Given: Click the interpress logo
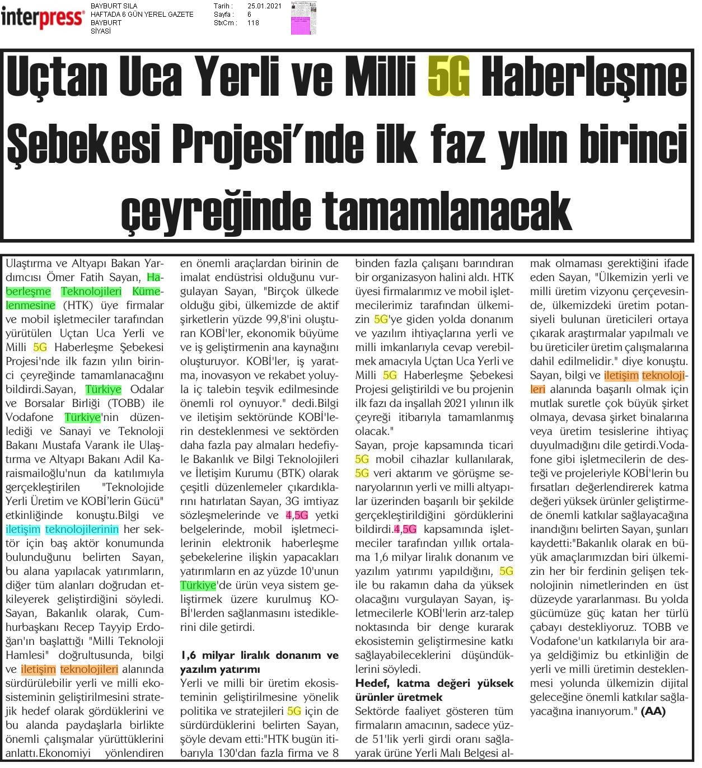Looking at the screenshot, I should [43, 17].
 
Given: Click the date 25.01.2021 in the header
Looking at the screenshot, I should [264, 6].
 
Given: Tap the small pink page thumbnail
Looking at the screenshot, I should [303, 18].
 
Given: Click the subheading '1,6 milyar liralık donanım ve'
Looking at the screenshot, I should [259, 655].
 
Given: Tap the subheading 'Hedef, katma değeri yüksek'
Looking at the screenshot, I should [434, 683].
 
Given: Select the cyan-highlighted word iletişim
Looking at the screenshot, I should [23, 529].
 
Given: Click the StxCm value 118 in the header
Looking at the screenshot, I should [253, 23].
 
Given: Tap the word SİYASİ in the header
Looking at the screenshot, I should [101, 31].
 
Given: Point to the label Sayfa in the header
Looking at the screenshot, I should [223, 15].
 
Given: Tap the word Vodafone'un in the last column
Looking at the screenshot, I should [561, 641].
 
